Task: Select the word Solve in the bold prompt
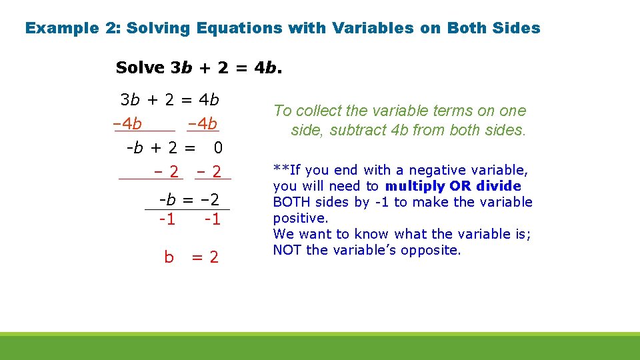point(140,67)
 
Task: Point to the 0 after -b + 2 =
point(218,147)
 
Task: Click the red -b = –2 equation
point(189,200)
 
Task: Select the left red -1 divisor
point(167,219)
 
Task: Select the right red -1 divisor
point(212,219)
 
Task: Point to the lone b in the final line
point(169,257)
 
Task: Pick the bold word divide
point(499,186)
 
